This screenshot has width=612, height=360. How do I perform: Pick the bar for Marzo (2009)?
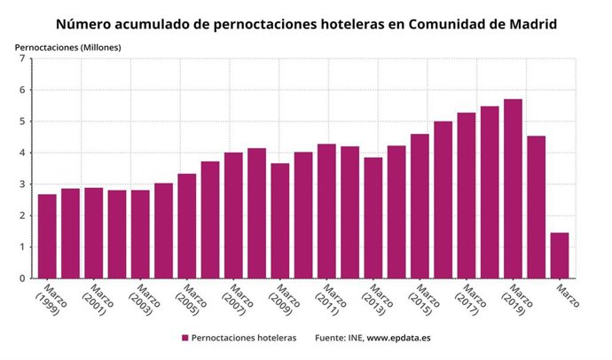280,221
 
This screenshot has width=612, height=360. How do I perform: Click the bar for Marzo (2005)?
187,226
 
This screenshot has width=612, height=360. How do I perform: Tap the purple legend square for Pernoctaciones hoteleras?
185,338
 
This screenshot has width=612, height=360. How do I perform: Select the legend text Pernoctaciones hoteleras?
244,338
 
